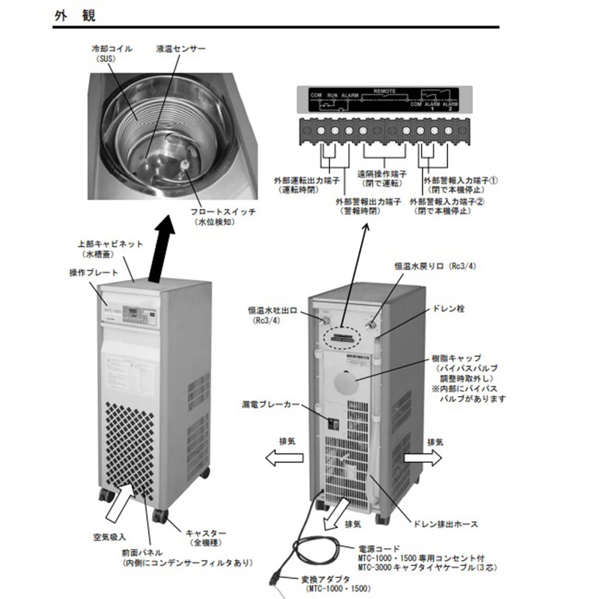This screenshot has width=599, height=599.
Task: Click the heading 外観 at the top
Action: (75, 16)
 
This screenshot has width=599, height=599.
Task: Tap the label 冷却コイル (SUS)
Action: (112, 49)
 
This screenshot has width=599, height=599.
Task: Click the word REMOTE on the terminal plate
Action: (385, 91)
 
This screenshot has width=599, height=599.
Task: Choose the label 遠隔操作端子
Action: (380, 174)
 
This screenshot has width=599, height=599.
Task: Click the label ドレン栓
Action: (452, 309)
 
